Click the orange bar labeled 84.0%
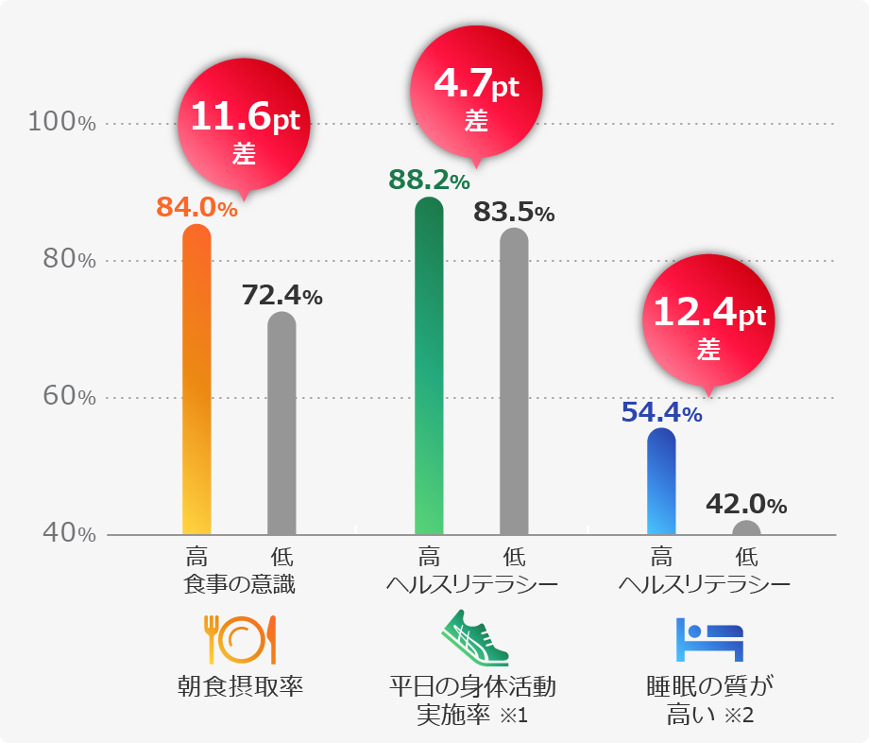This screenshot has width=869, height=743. coord(196,378)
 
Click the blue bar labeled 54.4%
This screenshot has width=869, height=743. coord(661,481)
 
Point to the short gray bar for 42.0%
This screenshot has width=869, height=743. coord(746,528)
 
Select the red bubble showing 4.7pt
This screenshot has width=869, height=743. coord(476,95)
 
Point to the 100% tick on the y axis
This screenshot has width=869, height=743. coord(61,122)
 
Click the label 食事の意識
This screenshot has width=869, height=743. coord(240,584)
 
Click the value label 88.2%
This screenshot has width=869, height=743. coord(429,179)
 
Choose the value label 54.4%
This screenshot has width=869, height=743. coord(661,412)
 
